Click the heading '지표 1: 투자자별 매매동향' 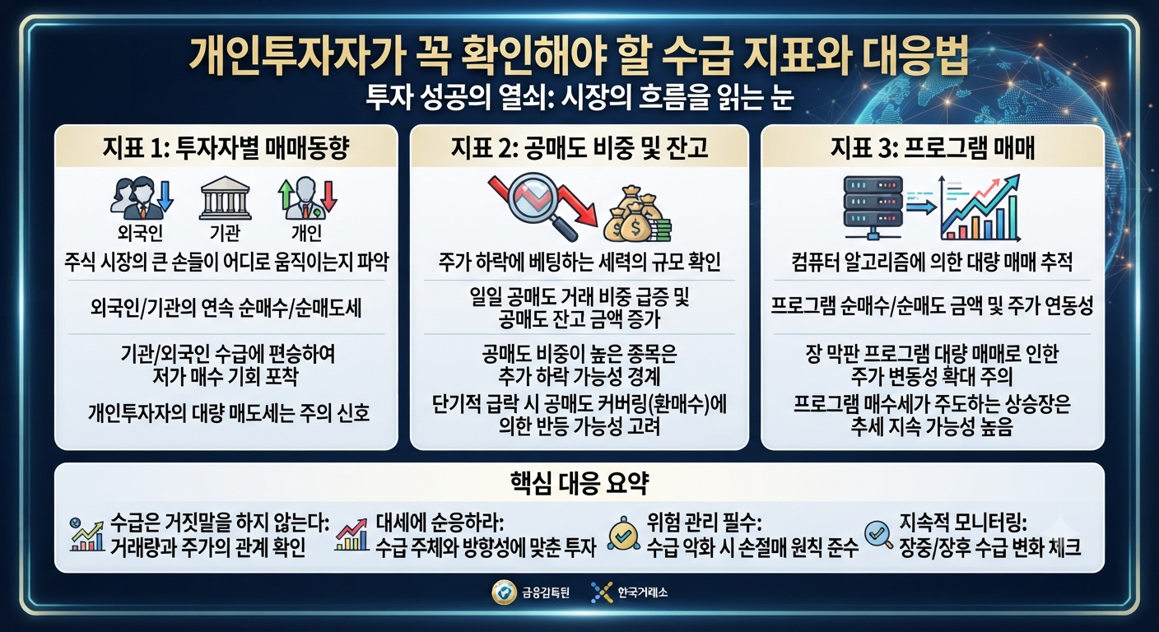pos(226,148)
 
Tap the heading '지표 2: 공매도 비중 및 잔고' pos(579,148)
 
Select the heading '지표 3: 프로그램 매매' pos(933,148)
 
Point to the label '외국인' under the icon pos(140,233)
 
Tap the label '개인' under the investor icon pos(306,233)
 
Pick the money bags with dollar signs pos(637,218)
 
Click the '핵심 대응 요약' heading pos(579,484)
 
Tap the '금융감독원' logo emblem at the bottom pos(503,592)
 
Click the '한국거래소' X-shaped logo pos(601,592)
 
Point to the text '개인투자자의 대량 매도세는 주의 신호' pos(229,414)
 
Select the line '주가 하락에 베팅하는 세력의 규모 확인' pos(579,263)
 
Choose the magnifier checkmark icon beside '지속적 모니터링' pos(878,535)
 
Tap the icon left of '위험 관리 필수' pos(623,534)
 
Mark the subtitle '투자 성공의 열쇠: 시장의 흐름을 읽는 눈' pos(579,97)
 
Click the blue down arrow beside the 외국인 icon pos(165,196)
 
